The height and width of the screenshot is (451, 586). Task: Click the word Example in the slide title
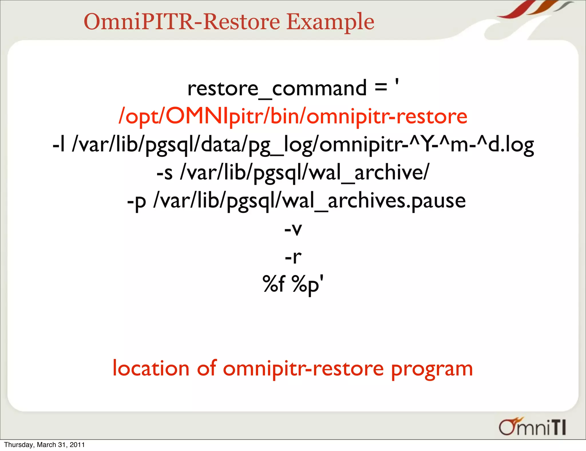point(330,22)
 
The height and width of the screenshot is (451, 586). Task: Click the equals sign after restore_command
point(381,87)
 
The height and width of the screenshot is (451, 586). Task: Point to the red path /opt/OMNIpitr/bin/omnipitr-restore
point(293,117)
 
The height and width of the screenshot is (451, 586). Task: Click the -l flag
point(59,145)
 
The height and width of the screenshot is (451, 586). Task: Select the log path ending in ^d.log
point(303,145)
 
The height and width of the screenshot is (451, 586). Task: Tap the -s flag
point(165,173)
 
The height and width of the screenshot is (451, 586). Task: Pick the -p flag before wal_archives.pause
point(136,201)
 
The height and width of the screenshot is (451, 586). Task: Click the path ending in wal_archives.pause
point(309,201)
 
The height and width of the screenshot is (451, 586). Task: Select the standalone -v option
point(293,229)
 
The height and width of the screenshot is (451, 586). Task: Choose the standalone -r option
point(293,257)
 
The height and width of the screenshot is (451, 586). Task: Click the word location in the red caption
point(151,368)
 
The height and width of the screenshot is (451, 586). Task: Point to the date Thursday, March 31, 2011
point(44,445)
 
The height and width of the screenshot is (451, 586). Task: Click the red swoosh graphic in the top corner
point(515,10)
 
